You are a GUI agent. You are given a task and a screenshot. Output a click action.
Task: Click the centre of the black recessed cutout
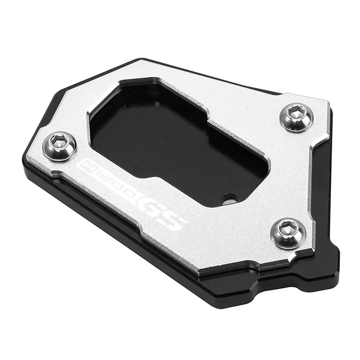pos(173,144)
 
